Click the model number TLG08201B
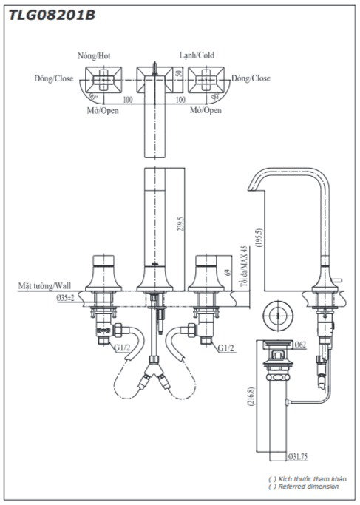coord(52,15)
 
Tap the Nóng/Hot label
coord(94,55)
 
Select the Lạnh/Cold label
coord(197,55)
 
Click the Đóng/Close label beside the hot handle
coord(54,78)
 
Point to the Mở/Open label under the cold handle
coord(206,110)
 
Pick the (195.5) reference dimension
coord(259,237)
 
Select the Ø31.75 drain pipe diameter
coord(298,456)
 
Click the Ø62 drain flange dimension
coord(300,345)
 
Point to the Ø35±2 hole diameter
coord(65,298)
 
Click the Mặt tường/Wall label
coord(44,285)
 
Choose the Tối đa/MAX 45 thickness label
coord(245,266)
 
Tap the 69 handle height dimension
coord(228,272)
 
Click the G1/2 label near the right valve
coord(225,348)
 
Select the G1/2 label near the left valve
coord(122,348)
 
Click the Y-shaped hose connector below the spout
coord(154,371)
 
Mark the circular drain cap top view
coord(277,316)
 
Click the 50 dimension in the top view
coord(180,72)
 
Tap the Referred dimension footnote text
coord(308,487)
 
